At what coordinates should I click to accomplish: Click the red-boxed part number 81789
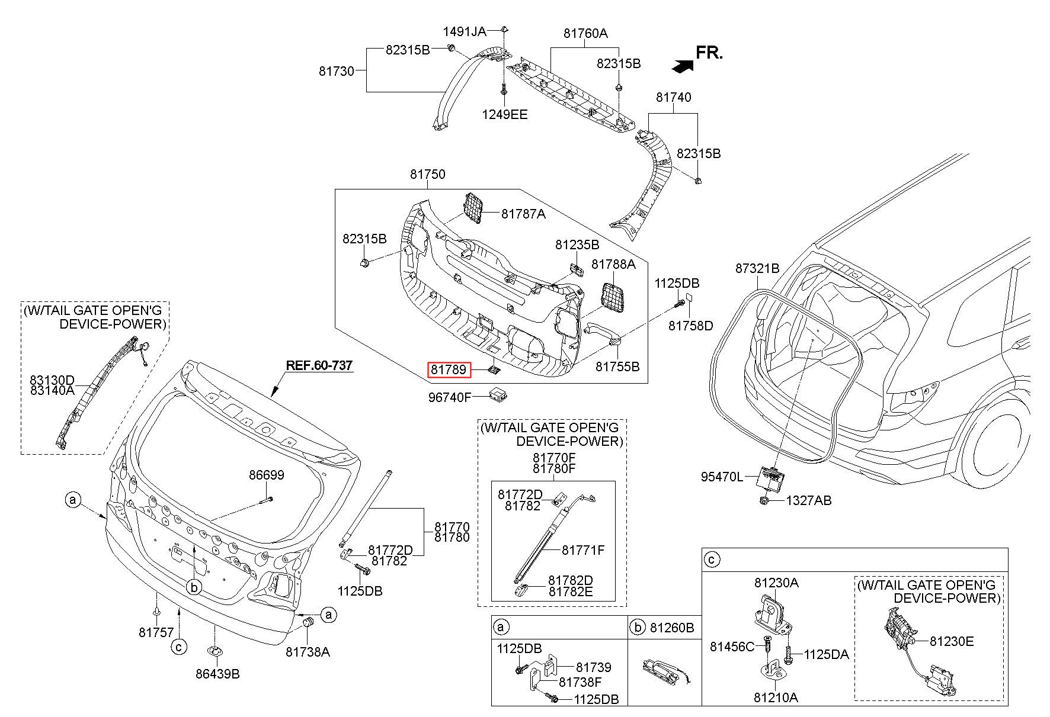click(x=449, y=371)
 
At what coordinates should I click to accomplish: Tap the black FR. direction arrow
click(x=683, y=66)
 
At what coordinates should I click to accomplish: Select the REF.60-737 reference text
click(x=319, y=365)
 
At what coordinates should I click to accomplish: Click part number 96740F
click(x=450, y=397)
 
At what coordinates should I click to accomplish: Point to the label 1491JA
click(x=465, y=31)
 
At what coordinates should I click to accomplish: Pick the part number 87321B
click(x=757, y=268)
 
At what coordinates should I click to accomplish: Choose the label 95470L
click(x=721, y=477)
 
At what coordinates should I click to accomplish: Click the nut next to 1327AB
click(x=764, y=501)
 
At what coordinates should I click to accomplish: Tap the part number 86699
click(x=266, y=475)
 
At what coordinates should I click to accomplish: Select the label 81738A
click(x=308, y=652)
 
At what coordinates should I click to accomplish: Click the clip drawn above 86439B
click(x=214, y=651)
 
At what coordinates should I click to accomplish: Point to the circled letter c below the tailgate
click(x=179, y=647)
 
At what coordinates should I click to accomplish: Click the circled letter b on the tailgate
click(x=194, y=587)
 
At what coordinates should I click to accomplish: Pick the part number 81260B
click(x=671, y=628)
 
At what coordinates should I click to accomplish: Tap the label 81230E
click(x=951, y=641)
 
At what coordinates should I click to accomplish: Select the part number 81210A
click(x=776, y=697)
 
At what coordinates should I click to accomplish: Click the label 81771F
click(x=583, y=550)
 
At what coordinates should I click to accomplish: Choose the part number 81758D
click(x=691, y=326)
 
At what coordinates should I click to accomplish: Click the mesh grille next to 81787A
click(x=472, y=208)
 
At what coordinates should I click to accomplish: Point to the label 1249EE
click(x=504, y=115)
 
